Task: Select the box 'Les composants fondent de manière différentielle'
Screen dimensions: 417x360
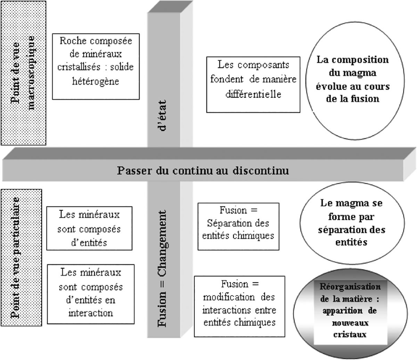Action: (253, 85)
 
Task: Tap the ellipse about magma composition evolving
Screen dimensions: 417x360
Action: (352, 80)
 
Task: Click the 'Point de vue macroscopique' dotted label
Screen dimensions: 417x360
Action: (24, 73)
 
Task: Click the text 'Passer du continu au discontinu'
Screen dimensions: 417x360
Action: (203, 171)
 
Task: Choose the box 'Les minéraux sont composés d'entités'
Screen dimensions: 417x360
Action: (89, 229)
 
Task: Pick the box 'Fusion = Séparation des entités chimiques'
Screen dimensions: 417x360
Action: (238, 227)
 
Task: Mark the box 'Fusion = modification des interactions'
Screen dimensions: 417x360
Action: (239, 306)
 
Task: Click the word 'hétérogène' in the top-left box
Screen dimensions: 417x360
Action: (96, 81)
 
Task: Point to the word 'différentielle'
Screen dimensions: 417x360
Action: (253, 94)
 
